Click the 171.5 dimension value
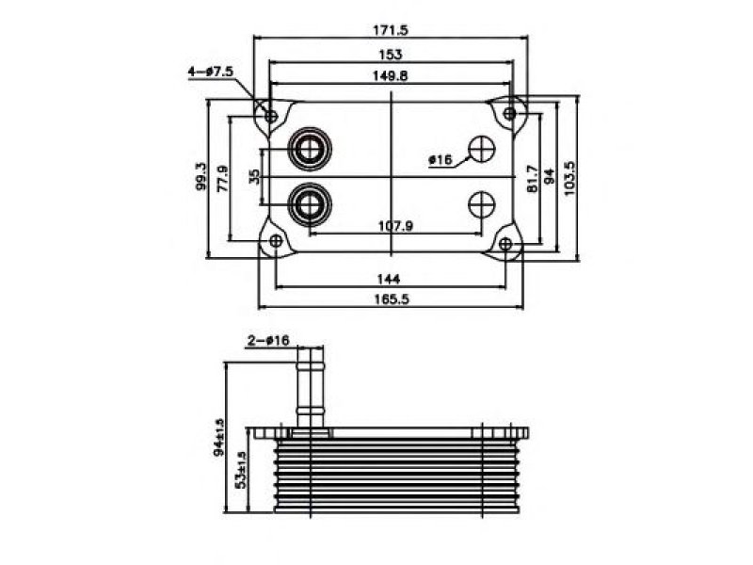click(391, 30)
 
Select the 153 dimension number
click(391, 55)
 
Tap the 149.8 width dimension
click(391, 75)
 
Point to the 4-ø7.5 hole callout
click(210, 72)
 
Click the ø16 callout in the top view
click(441, 159)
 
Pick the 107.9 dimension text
click(395, 225)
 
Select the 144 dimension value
click(389, 279)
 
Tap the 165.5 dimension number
click(392, 299)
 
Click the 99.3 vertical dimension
click(201, 176)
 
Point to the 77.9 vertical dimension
click(223, 179)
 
